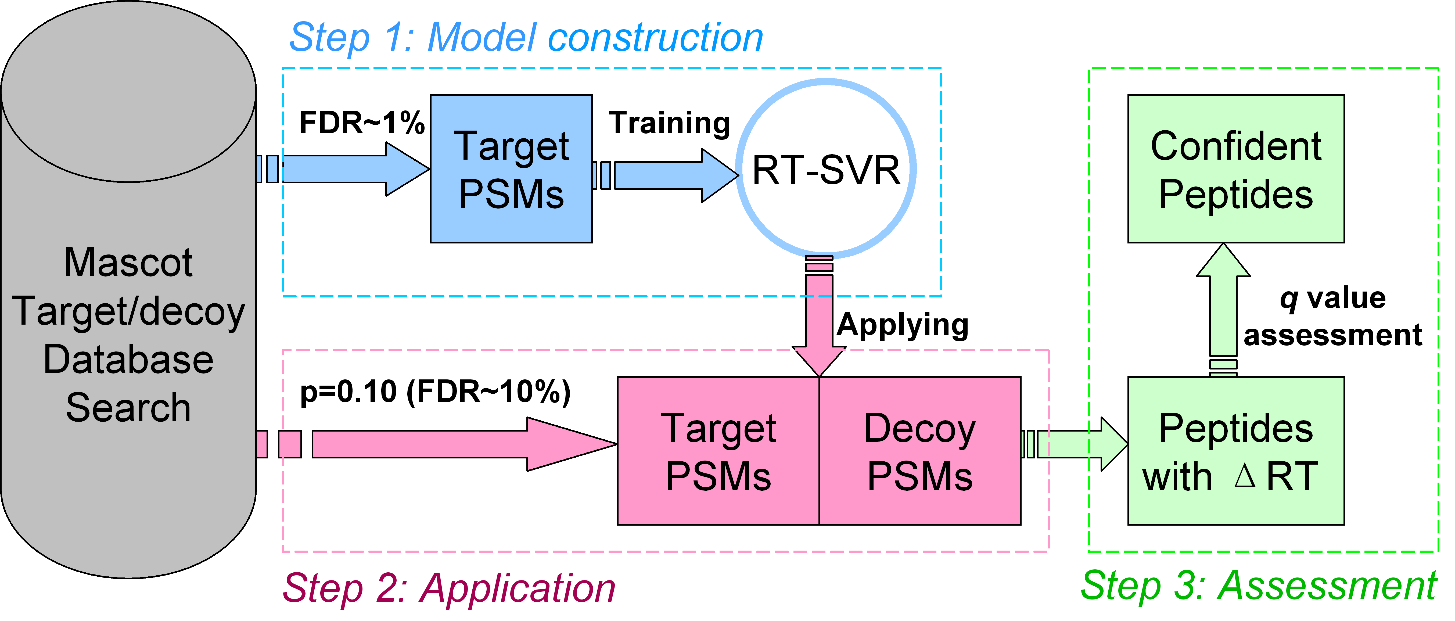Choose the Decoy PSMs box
[919, 451]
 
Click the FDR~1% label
[361, 123]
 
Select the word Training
[669, 123]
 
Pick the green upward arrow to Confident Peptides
[1223, 305]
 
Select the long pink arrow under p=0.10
[452, 444]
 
